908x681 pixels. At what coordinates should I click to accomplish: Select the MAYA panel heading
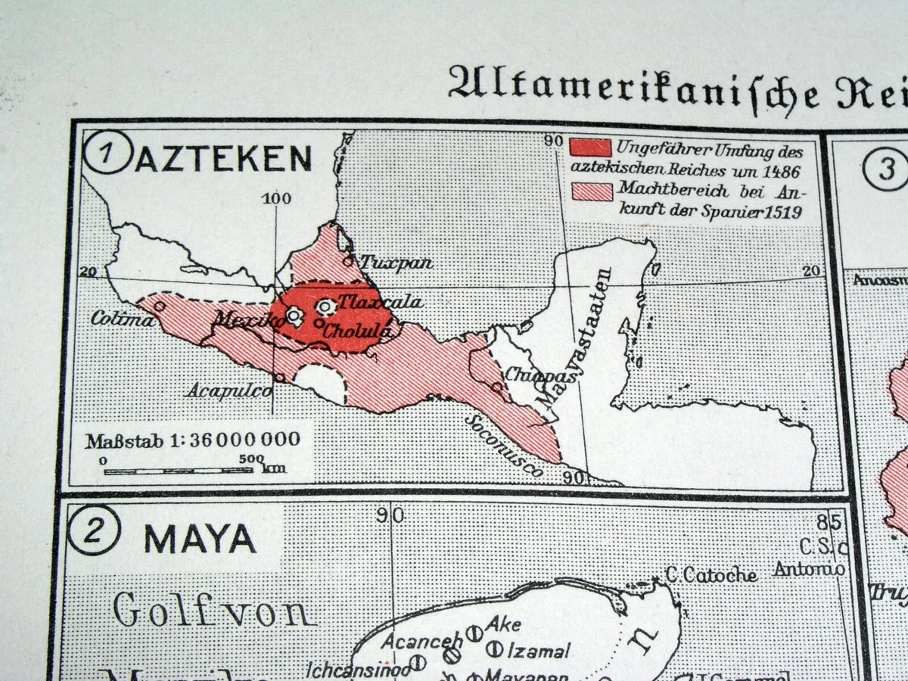200,538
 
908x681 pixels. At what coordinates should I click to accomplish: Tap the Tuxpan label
396,263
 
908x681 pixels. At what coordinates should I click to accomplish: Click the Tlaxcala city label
380,302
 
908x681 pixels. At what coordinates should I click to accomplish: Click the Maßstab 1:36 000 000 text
192,440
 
